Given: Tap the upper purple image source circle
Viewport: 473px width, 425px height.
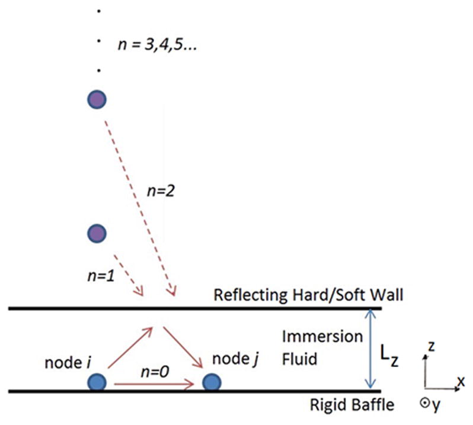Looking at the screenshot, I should coord(96,99).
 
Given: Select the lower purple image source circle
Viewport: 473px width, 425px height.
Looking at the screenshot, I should coord(96,233).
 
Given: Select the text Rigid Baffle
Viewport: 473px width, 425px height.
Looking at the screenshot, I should coord(353,405).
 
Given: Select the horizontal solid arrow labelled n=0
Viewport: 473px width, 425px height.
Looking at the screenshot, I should coord(154,385).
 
